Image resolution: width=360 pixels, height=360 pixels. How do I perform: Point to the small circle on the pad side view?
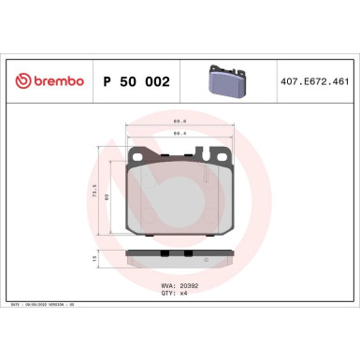(206, 258)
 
